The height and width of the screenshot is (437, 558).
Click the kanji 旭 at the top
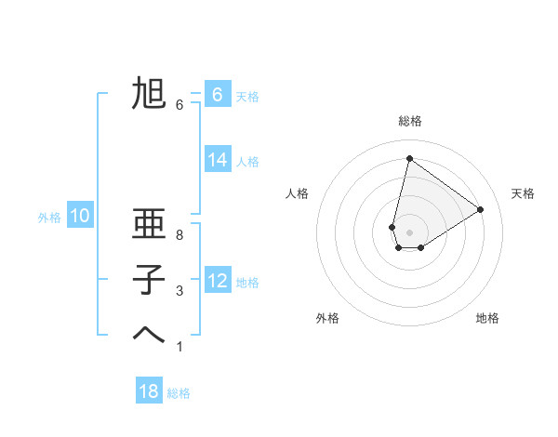(149, 94)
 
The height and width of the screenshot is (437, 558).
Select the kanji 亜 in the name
(149, 226)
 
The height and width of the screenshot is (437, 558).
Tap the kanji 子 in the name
(149, 279)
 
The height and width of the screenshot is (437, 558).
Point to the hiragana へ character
(149, 334)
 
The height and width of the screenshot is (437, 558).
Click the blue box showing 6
(217, 94)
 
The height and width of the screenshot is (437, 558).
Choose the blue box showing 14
(217, 160)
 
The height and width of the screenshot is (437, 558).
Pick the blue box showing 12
(217, 281)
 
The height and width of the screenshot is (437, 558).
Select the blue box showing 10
(80, 217)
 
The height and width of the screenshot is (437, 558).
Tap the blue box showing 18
(149, 391)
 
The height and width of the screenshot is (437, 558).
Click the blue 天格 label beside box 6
(247, 96)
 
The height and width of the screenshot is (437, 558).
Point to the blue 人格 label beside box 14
(247, 162)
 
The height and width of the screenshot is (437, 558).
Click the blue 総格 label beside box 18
(179, 393)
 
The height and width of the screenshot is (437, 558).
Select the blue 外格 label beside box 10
(49, 218)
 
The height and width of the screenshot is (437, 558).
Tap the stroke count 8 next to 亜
(179, 236)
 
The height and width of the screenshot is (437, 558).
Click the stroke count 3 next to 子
(179, 291)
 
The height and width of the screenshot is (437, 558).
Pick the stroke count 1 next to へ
(179, 346)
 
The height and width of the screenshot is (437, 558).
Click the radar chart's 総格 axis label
(409, 121)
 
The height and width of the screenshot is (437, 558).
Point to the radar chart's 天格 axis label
(523, 193)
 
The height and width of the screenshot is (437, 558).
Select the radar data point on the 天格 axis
(481, 209)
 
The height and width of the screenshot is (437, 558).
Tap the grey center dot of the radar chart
(409, 232)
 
